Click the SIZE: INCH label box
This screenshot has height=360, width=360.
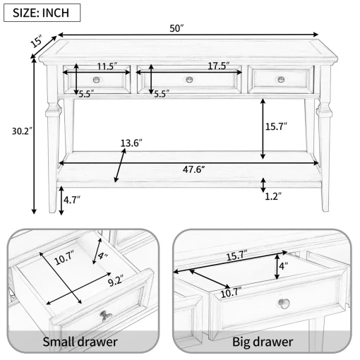tap(42, 13)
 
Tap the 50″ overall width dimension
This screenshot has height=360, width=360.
tap(176, 28)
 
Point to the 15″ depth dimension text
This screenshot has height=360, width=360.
tap(36, 42)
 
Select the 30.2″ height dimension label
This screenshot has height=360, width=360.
tap(22, 131)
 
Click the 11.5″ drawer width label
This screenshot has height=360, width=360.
tap(107, 66)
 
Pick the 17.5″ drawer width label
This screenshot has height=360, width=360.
tap(219, 66)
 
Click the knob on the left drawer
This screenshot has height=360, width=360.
tap(96, 80)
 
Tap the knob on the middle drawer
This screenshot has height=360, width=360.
tap(189, 80)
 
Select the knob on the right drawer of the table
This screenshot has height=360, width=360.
tap(281, 79)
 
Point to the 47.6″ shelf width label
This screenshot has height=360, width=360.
tap(193, 169)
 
